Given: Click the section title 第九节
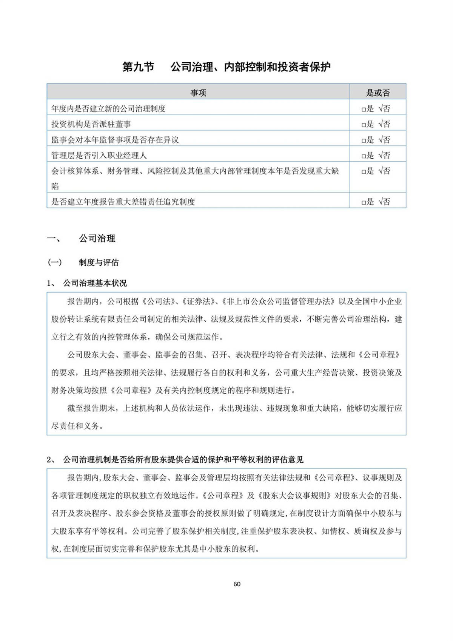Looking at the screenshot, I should (x=138, y=67).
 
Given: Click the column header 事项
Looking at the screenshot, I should (x=198, y=93).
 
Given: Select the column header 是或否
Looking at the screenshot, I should (x=377, y=93).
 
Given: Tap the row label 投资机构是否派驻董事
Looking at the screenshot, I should (x=91, y=124).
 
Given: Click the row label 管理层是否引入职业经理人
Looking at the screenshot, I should (x=99, y=155).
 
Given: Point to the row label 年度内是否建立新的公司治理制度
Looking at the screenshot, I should (x=108, y=109).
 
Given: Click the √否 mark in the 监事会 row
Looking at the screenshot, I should (x=384, y=140).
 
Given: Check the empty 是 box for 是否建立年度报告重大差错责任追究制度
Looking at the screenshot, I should (x=364, y=202).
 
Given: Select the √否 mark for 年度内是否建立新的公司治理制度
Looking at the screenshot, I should (x=384, y=109).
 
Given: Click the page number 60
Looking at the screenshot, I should (x=237, y=584).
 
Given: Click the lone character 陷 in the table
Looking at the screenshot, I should (x=55, y=186).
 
